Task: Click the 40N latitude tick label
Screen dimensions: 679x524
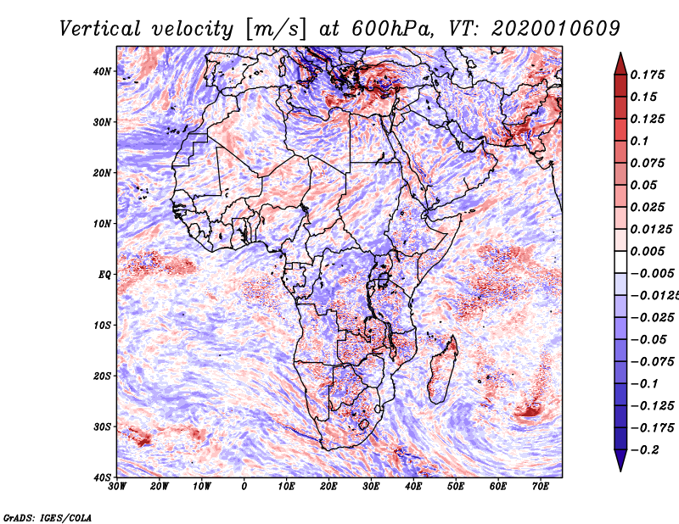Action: point(102,71)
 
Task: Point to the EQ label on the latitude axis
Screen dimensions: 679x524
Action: point(104,275)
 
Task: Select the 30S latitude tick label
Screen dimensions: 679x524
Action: point(102,426)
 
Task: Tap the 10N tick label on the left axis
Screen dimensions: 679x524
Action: point(102,224)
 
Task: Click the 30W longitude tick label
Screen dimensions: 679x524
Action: point(117,487)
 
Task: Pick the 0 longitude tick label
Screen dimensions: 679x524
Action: point(244,487)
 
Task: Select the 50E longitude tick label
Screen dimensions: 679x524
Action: point(456,487)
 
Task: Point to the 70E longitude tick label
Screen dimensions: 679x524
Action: point(541,487)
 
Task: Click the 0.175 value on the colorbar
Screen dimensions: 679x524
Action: point(647,75)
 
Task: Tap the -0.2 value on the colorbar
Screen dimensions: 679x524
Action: point(645,449)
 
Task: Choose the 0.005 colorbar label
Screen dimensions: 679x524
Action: point(647,251)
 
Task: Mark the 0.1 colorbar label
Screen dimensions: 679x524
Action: point(639,141)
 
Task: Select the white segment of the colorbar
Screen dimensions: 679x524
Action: point(620,262)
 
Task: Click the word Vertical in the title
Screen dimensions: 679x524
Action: point(99,29)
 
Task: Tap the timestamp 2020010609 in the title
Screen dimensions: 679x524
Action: point(556,29)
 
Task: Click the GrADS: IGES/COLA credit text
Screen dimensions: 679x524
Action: point(48,517)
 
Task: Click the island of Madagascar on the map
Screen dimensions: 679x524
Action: point(442,371)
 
